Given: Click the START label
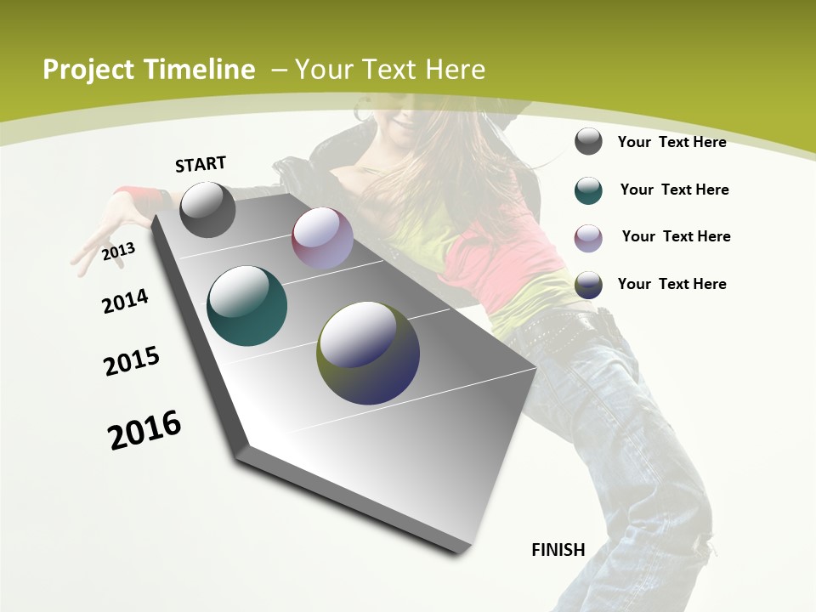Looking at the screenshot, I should [201, 164].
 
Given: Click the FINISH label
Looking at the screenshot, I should [558, 550].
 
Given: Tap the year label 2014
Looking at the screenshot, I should [125, 301].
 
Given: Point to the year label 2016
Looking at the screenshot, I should [144, 430].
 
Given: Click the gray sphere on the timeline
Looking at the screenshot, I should [207, 210].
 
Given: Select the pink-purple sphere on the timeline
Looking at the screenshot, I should [322, 238].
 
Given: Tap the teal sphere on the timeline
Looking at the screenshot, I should [246, 306].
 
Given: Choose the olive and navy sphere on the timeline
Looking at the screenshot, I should [368, 353].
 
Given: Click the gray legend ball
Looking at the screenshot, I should [588, 142].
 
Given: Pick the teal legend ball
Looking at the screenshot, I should [588, 190].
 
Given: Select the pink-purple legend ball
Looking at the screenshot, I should [588, 237].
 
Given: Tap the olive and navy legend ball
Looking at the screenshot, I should [588, 285].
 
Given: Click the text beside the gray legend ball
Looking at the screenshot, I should [671, 142].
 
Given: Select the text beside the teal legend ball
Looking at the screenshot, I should [674, 190].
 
